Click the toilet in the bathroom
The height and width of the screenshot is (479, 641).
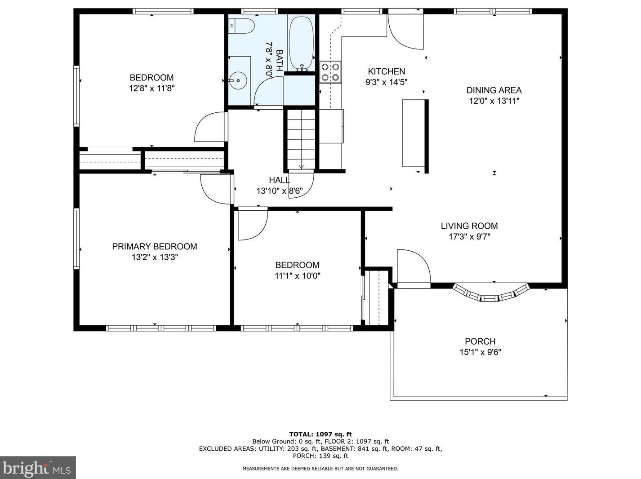pyautogui.click(x=241, y=26)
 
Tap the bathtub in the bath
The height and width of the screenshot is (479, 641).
pyautogui.click(x=301, y=43)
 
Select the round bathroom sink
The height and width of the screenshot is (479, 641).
pyautogui.click(x=238, y=80)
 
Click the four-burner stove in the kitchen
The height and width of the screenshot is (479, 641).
pyautogui.click(x=330, y=72)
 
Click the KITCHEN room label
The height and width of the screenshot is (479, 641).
pyautogui.click(x=386, y=71)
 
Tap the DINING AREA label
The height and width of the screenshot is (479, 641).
pyautogui.click(x=494, y=90)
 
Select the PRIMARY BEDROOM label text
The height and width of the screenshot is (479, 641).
pyautogui.click(x=155, y=246)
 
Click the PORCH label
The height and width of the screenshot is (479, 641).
pyautogui.click(x=480, y=341)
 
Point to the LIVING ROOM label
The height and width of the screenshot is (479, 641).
pyautogui.click(x=469, y=226)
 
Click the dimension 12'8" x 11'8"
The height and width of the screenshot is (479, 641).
pyautogui.click(x=152, y=88)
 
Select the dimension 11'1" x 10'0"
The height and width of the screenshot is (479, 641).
pyautogui.click(x=298, y=275)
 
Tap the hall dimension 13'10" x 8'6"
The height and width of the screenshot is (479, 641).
pyautogui.click(x=280, y=191)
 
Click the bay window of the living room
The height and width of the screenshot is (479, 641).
pyautogui.click(x=490, y=293)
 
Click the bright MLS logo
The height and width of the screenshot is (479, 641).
pyautogui.click(x=38, y=468)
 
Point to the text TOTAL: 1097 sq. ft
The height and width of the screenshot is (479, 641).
pyautogui.click(x=320, y=435)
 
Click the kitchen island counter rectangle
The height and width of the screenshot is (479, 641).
pyautogui.click(x=413, y=133)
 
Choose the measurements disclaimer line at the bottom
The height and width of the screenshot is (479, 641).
pyautogui.click(x=320, y=469)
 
